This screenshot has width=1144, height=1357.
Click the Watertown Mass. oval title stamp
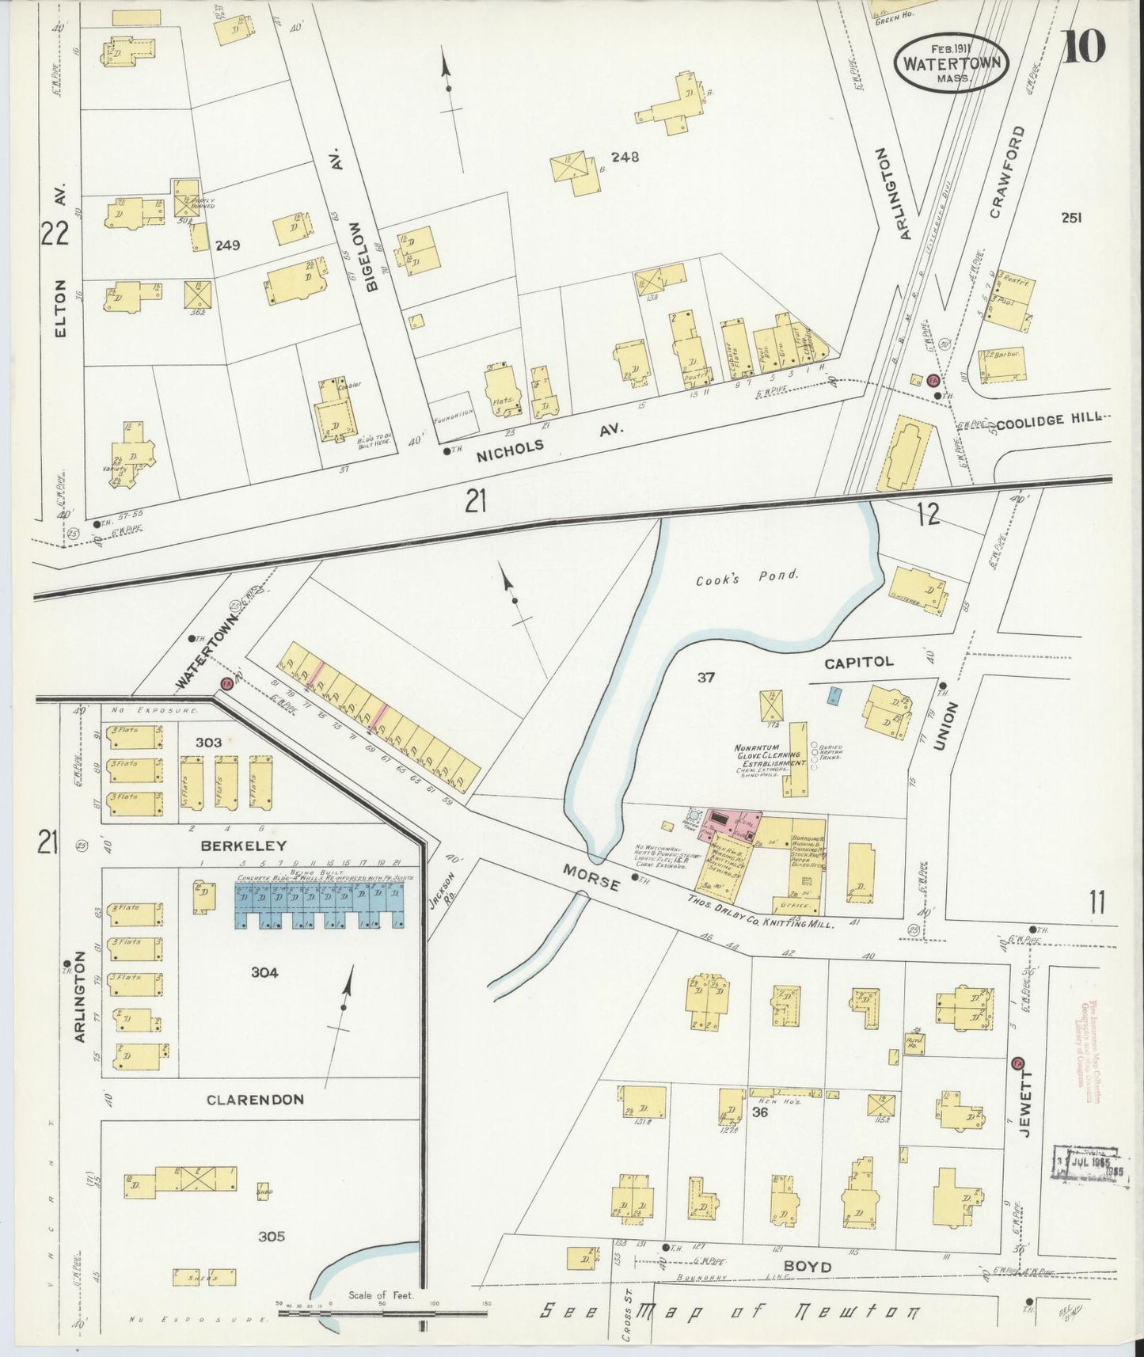coord(952,62)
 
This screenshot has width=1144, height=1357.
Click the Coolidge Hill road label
coord(1048,424)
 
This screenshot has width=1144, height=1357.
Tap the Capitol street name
coord(859,662)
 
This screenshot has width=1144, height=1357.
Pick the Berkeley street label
coord(243,846)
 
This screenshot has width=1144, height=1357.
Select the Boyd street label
coord(808,1268)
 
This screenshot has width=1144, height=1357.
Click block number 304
coord(264,973)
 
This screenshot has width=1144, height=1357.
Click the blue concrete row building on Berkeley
coord(320,907)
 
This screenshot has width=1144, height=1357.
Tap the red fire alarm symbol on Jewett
coord(1018,1062)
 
